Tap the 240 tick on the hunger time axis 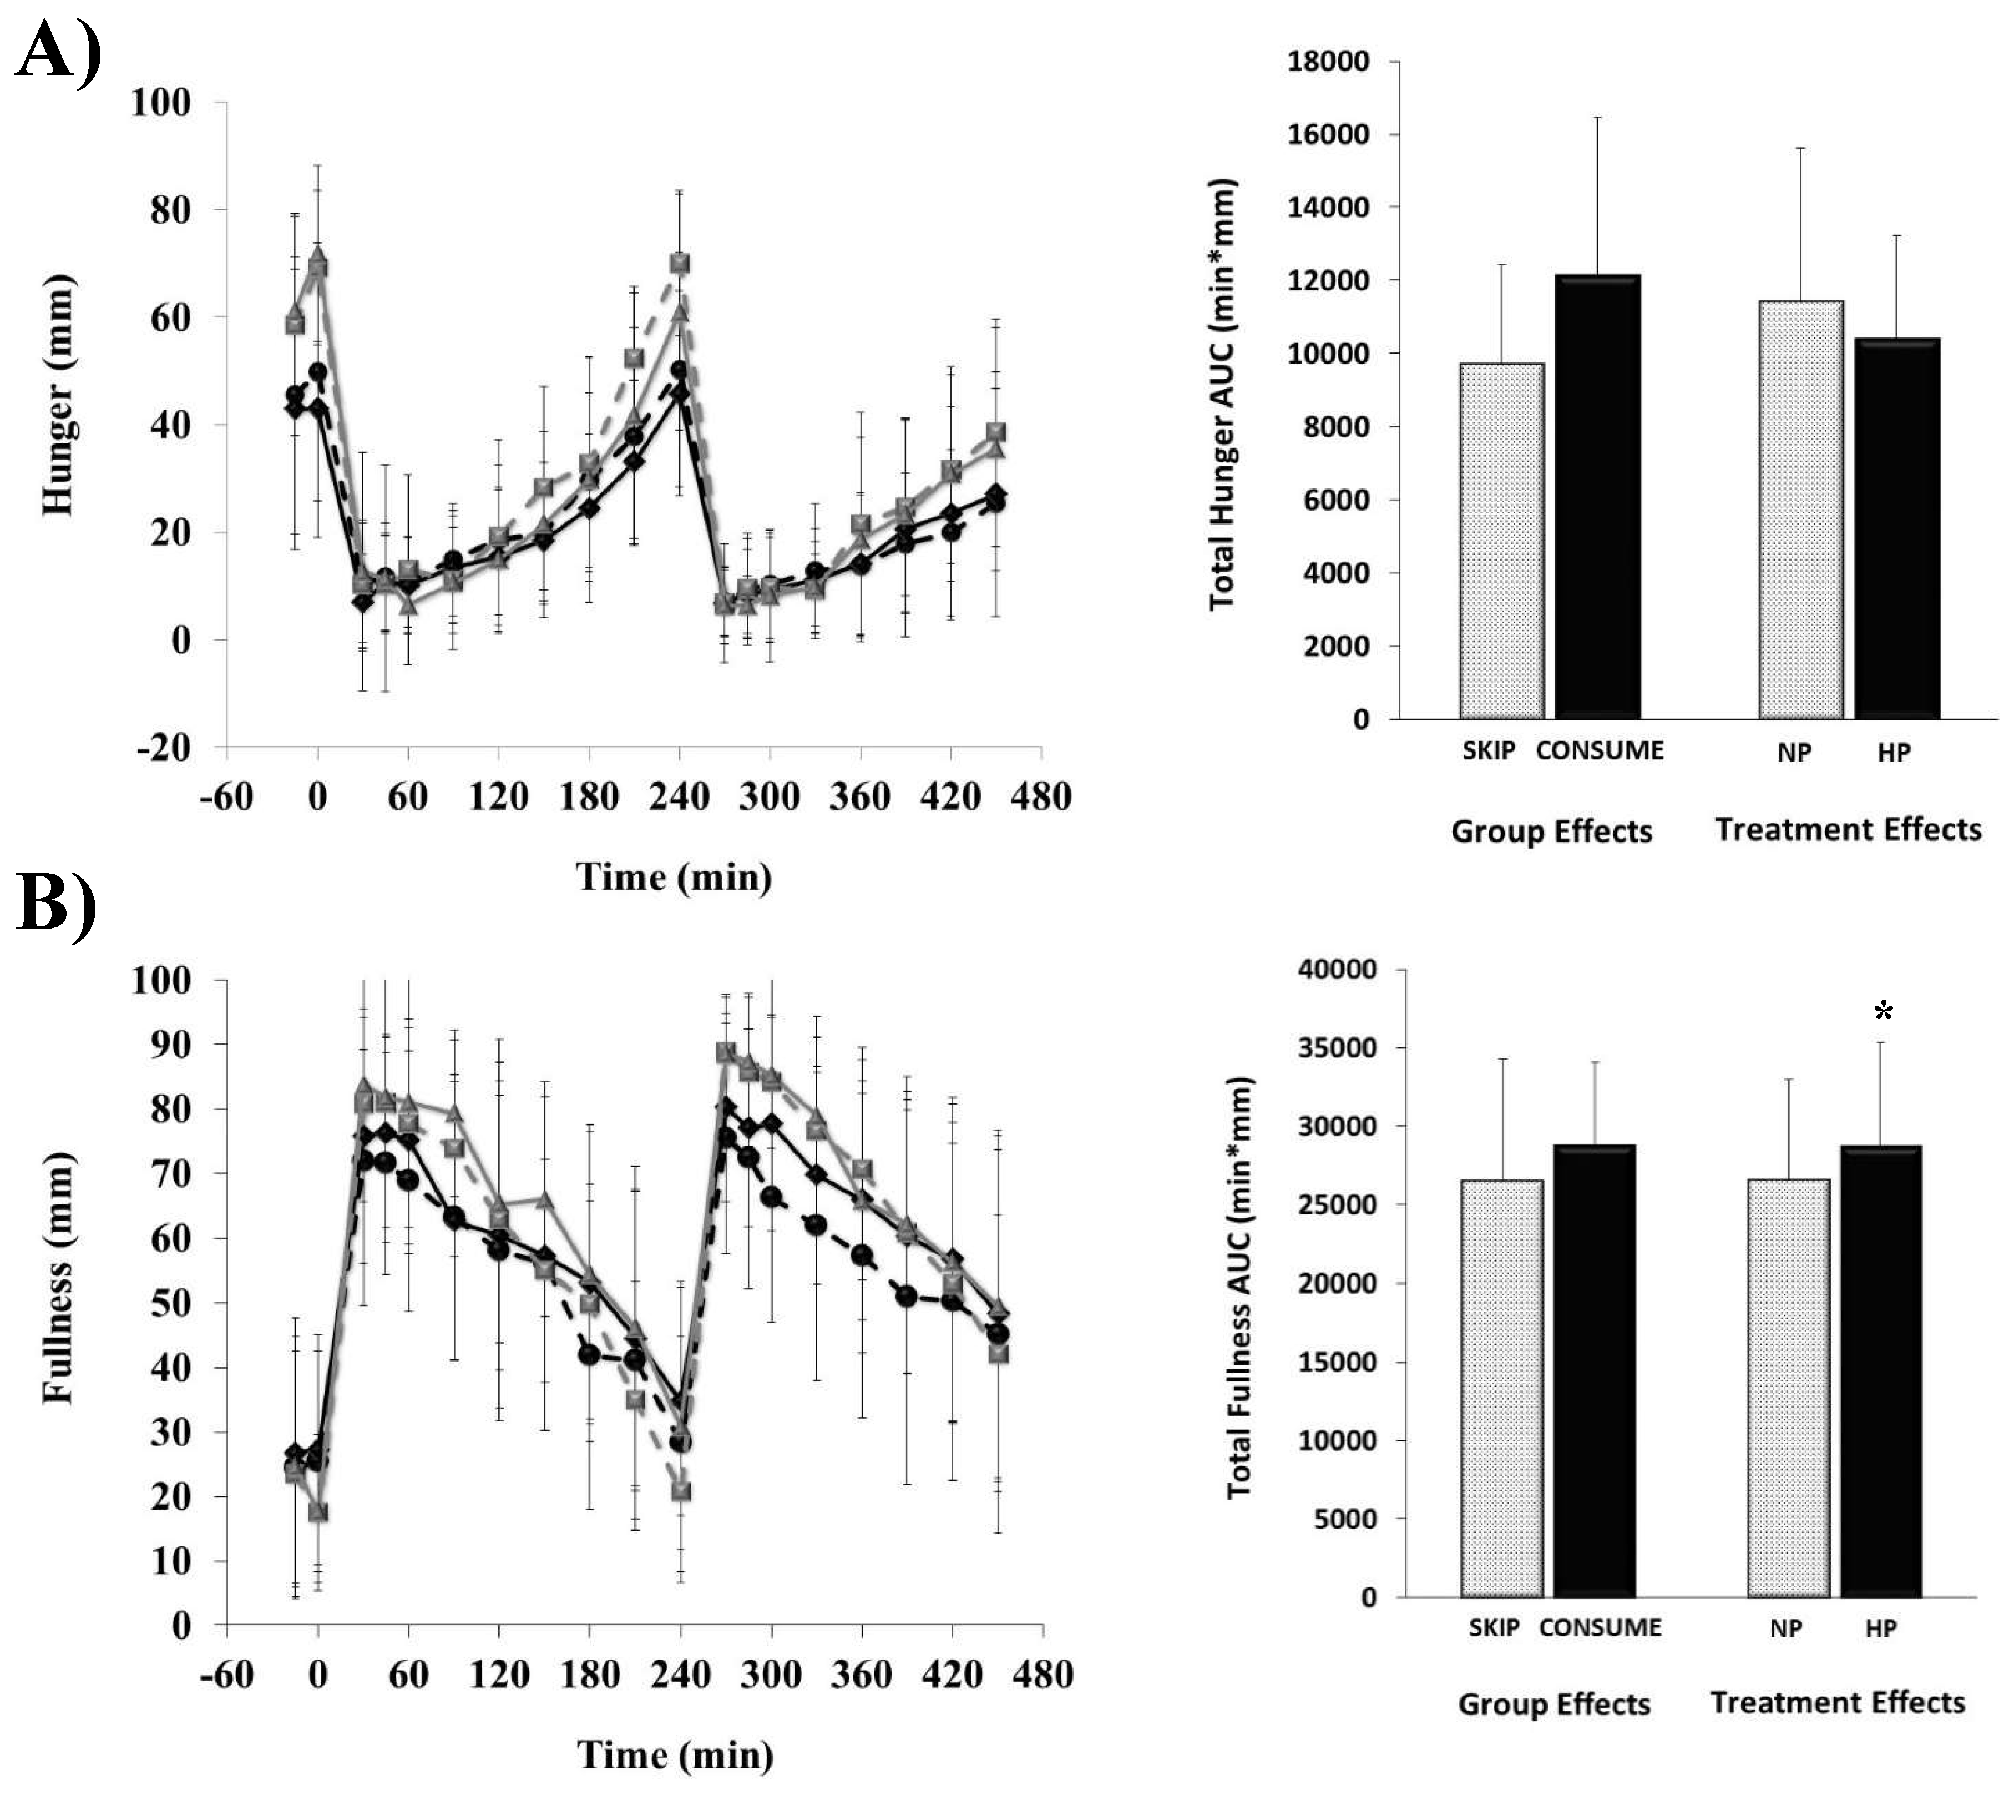(679, 796)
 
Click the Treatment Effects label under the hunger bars (1848, 829)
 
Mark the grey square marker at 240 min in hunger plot (679, 263)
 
